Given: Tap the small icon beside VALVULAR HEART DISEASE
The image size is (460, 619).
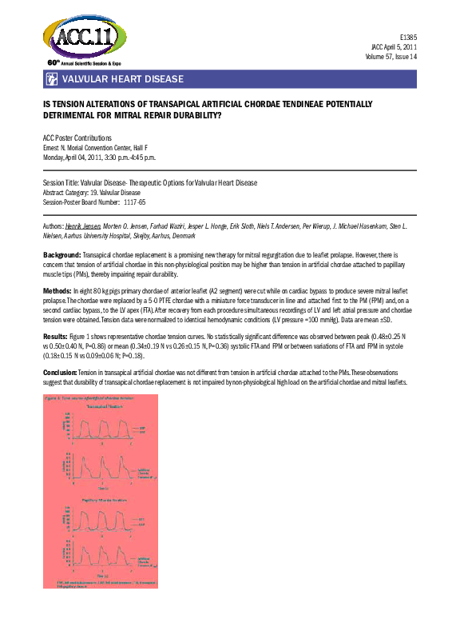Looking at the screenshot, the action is [51, 79].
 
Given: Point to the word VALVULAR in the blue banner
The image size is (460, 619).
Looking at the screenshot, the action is [88, 79].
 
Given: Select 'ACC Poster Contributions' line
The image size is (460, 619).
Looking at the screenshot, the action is [77, 138].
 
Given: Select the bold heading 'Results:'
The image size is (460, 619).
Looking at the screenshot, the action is [57, 337].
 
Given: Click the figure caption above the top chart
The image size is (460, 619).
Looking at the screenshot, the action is [99, 397].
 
